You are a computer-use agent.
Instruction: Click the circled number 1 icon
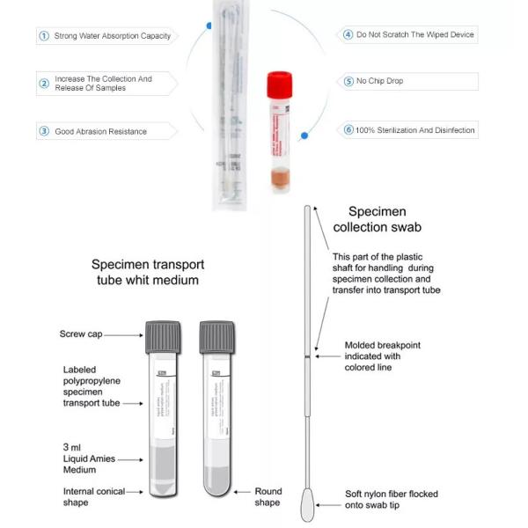pyautogui.click(x=43, y=36)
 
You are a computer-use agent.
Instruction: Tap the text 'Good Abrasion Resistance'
pyautogui.click(x=100, y=132)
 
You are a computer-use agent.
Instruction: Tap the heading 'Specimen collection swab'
pyautogui.click(x=384, y=219)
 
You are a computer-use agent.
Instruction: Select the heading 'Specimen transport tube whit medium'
pyautogui.click(x=145, y=272)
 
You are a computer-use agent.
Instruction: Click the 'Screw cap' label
pyautogui.click(x=83, y=334)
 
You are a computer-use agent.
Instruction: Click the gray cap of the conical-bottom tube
pyautogui.click(x=163, y=336)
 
